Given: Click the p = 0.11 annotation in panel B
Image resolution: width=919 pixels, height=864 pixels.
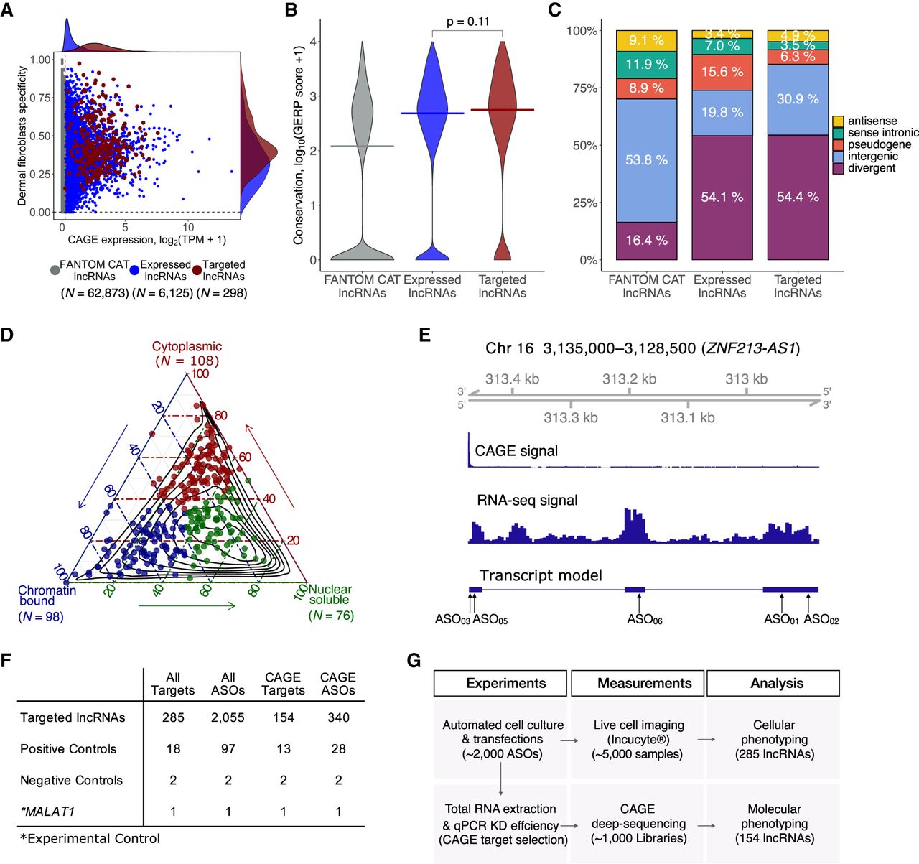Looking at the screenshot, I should tap(467, 22).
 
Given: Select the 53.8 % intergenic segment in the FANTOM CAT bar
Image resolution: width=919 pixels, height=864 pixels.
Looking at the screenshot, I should tap(646, 160).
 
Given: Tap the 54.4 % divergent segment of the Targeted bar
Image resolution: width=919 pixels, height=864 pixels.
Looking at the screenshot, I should tap(798, 197).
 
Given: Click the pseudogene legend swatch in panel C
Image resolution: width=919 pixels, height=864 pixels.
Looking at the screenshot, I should tap(838, 145).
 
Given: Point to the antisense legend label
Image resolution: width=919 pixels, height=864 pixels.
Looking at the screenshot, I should tap(872, 121).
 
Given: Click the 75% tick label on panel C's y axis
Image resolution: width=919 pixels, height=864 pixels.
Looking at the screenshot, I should tap(582, 88).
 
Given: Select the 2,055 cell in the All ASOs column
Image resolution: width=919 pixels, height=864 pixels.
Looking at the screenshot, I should tap(228, 717).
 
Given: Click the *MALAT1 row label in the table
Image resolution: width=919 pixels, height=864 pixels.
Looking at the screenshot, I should tap(47, 812).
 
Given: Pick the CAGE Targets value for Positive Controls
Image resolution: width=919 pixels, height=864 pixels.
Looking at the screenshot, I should tap(284, 749).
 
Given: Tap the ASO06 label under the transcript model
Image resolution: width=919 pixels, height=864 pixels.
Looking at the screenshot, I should tap(644, 620).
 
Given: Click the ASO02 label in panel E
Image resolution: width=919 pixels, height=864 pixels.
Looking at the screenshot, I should tap(821, 620).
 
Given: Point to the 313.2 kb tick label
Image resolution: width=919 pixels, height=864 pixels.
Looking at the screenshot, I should tap(629, 379).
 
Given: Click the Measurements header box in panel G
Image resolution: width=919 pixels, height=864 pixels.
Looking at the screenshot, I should tap(644, 684).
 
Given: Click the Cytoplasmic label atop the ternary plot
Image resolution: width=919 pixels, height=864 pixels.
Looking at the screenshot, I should tap(187, 347).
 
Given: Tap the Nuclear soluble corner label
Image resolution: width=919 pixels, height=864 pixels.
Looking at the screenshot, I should tap(330, 595).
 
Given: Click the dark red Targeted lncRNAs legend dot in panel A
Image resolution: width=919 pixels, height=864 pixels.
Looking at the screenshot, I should tap(197, 271).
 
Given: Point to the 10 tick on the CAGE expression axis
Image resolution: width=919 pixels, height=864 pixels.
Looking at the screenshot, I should tap(188, 227).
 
